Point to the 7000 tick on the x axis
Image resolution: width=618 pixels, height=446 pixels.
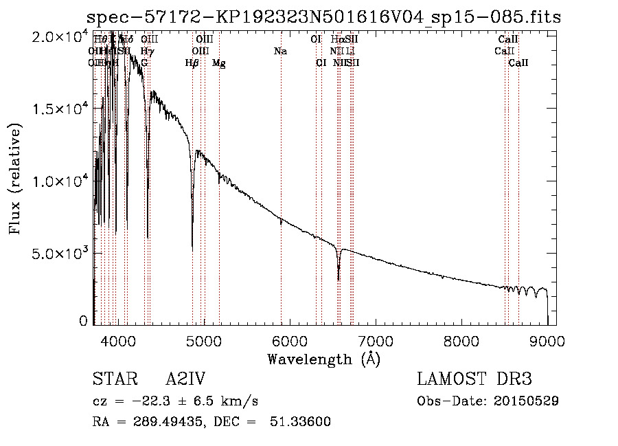(x=375, y=340)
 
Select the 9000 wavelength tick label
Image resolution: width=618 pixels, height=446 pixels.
(x=547, y=340)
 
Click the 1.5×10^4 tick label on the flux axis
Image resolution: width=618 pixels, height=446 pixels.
(x=58, y=109)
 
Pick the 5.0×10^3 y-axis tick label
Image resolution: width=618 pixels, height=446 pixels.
(x=58, y=254)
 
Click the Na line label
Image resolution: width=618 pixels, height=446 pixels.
(x=280, y=52)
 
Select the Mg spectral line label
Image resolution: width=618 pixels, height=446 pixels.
(x=219, y=63)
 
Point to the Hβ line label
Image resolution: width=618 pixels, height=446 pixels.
(x=192, y=63)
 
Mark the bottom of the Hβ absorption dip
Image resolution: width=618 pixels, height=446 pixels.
(x=192, y=247)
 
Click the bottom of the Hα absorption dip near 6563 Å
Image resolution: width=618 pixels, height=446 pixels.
(x=339, y=279)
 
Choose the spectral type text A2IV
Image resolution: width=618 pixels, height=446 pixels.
(x=185, y=379)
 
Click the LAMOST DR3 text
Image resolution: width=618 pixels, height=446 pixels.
(x=474, y=379)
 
